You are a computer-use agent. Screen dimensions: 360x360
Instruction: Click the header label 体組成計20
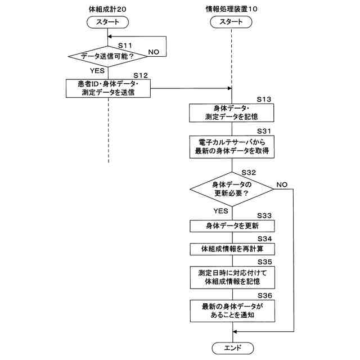[x=107, y=9]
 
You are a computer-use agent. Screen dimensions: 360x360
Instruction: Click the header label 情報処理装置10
[x=231, y=9]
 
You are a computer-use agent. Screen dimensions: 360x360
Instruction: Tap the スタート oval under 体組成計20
[x=107, y=22]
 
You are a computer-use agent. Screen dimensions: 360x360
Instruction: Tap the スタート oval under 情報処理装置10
[x=231, y=22]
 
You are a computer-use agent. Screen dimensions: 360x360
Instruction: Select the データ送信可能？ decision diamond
[x=107, y=56]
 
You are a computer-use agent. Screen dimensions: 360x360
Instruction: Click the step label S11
[x=125, y=46]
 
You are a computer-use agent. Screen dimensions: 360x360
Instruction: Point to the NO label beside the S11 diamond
[x=154, y=52]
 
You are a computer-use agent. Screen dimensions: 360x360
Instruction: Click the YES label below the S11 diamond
[x=97, y=70]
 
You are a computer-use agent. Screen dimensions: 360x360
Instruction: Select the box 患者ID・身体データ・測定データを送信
[x=108, y=88]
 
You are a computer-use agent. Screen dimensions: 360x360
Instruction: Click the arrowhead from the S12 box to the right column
[x=229, y=88]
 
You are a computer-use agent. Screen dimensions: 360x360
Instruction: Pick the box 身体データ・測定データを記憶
[x=231, y=112]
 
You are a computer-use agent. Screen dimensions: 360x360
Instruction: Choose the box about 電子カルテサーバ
[x=232, y=147]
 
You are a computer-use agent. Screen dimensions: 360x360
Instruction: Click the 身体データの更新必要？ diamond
[x=232, y=189]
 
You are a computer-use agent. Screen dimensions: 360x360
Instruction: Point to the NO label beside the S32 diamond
[x=282, y=184]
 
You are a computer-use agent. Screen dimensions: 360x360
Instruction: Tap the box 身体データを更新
[x=232, y=226]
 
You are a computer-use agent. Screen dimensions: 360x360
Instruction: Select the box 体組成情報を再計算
[x=232, y=249]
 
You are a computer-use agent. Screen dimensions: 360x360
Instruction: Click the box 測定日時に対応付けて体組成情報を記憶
[x=232, y=277]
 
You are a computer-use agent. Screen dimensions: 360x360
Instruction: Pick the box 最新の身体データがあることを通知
[x=232, y=311]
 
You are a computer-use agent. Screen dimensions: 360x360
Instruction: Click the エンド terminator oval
[x=232, y=348]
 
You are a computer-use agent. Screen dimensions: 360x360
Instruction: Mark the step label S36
[x=265, y=295]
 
